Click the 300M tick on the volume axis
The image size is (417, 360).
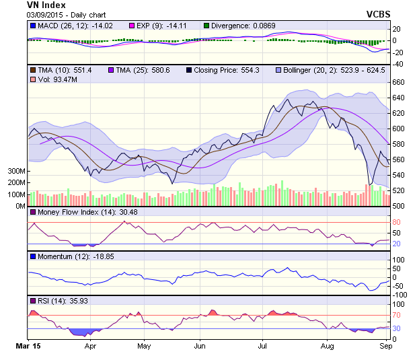click(x=16, y=172)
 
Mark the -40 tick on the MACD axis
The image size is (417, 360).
click(x=397, y=64)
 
